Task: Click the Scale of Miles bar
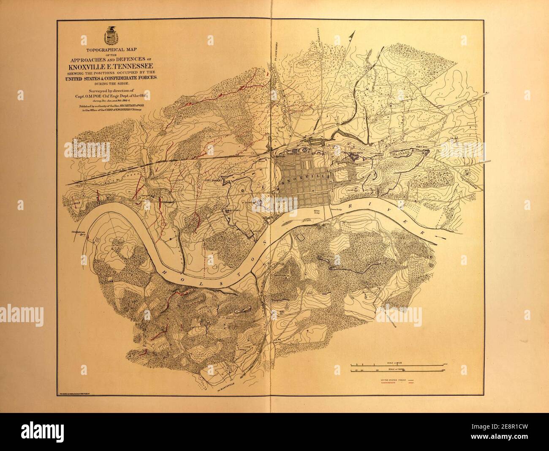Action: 397,364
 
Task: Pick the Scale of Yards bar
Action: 397,371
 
